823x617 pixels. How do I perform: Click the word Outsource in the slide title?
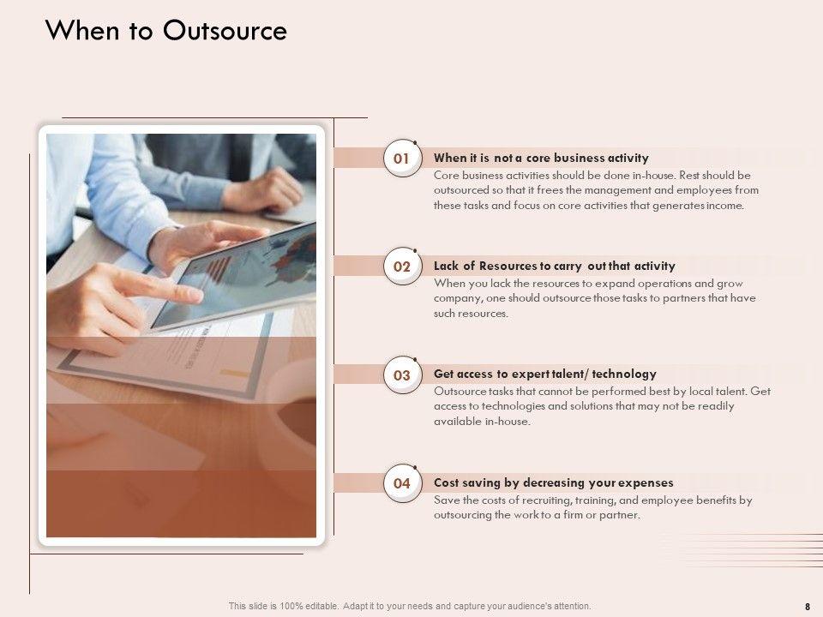[225, 31]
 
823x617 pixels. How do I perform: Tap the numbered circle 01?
[402, 158]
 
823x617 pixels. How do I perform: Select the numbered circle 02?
[402, 267]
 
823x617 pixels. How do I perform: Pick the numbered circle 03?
[402, 375]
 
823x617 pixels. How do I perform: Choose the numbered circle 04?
[402, 483]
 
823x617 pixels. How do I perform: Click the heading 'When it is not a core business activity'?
[541, 158]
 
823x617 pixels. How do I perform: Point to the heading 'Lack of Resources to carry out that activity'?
[555, 266]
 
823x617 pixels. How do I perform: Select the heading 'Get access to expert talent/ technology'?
[545, 374]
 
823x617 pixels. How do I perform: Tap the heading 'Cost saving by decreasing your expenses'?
[553, 482]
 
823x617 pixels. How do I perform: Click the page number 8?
[808, 607]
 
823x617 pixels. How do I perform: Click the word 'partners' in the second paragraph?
[683, 298]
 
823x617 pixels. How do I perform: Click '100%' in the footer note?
[291, 606]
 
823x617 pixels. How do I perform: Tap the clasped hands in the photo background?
[262, 190]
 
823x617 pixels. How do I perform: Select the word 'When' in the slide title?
[82, 31]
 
